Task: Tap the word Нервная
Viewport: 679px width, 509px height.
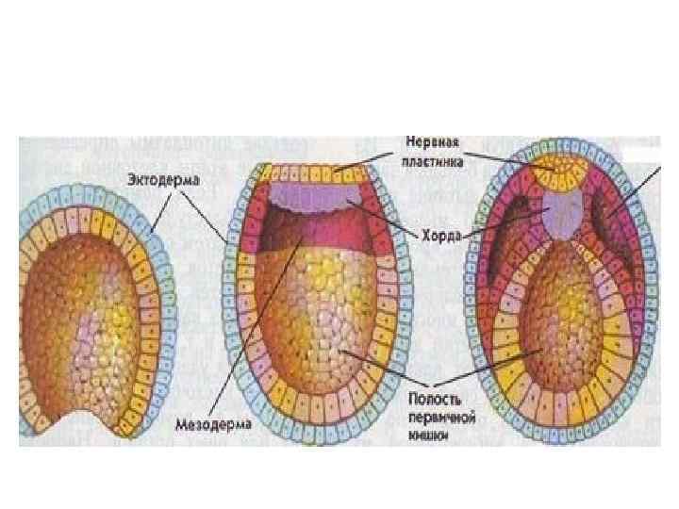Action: click(x=431, y=142)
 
